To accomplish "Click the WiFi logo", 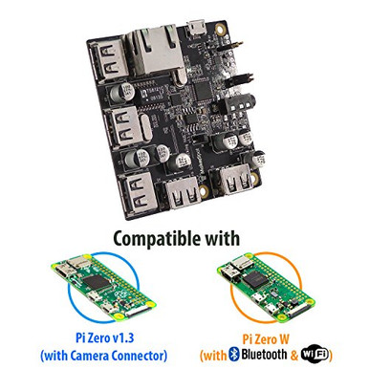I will coord(317,355).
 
